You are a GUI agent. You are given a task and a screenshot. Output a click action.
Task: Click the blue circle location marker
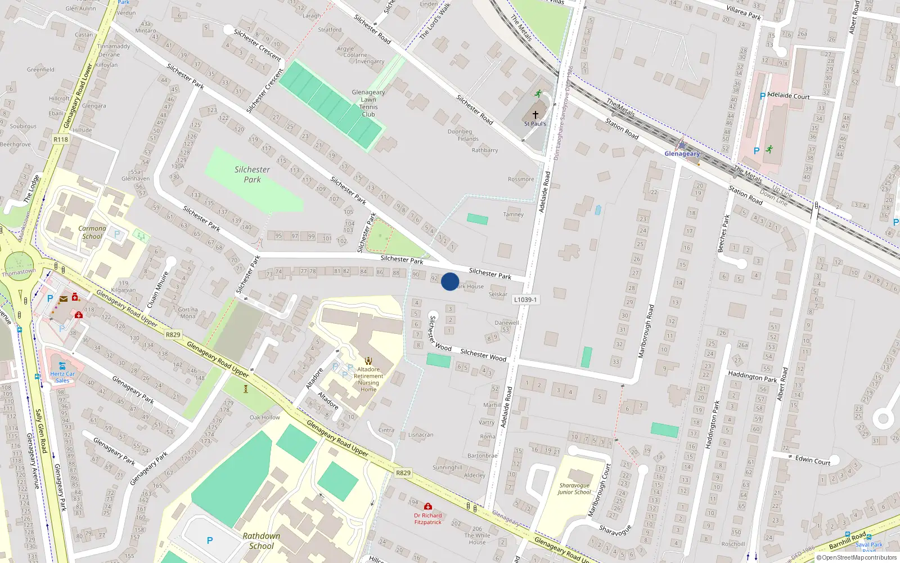[x=450, y=281]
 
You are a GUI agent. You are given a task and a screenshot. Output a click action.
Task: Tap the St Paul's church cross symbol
[x=535, y=115]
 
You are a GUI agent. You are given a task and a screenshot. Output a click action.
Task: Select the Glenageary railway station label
[x=682, y=154]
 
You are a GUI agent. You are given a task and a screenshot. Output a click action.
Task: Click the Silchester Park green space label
[x=252, y=175]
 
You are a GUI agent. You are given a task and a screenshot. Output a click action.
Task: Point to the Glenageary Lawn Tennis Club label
[x=368, y=103]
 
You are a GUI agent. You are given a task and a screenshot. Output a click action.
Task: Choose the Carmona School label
[x=92, y=233]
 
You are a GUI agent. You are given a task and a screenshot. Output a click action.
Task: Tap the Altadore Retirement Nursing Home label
[x=368, y=379]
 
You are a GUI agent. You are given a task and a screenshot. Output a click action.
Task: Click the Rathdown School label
[x=262, y=540]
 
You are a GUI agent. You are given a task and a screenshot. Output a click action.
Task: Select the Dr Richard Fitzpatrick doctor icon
[x=428, y=507]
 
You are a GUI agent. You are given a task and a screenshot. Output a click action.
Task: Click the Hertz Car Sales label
[x=62, y=377]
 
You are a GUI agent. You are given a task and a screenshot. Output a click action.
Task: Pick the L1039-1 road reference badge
[x=525, y=300]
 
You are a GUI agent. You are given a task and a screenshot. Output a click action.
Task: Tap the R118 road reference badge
[x=61, y=139]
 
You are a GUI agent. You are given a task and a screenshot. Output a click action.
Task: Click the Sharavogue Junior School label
[x=574, y=489]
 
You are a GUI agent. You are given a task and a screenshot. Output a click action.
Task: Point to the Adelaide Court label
[x=788, y=96]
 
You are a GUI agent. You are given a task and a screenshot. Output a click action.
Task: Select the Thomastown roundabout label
[x=19, y=272]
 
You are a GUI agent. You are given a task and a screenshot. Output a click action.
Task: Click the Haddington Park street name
[x=752, y=376]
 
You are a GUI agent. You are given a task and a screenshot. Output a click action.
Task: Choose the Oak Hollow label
[x=264, y=417]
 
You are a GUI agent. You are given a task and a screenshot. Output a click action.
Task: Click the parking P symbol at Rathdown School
[x=210, y=540]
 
